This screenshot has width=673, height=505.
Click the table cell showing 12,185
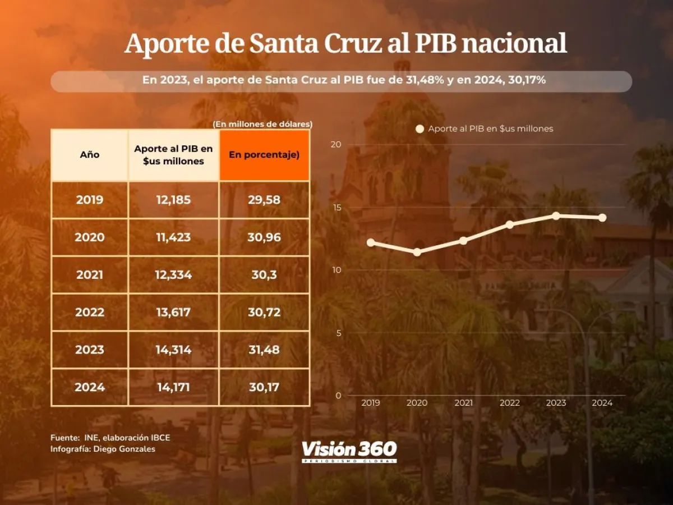pyautogui.click(x=173, y=200)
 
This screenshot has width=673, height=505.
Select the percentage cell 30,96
pyautogui.click(x=264, y=237)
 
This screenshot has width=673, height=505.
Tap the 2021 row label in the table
pyautogui.click(x=90, y=275)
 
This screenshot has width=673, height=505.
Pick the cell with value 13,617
pyautogui.click(x=173, y=313)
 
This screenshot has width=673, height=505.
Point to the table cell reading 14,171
pyautogui.click(x=173, y=387)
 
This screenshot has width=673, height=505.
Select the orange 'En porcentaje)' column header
pyautogui.click(x=264, y=155)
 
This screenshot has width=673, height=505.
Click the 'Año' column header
pyautogui.click(x=90, y=155)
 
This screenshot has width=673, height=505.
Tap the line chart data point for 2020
pyautogui.click(x=417, y=252)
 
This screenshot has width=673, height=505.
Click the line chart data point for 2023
pyautogui.click(x=556, y=215)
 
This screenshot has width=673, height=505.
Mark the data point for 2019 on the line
pyautogui.click(x=371, y=242)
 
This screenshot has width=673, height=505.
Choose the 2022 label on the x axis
pyautogui.click(x=509, y=403)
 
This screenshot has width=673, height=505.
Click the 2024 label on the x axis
pyautogui.click(x=602, y=403)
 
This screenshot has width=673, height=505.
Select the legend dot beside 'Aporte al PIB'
pyautogui.click(x=420, y=128)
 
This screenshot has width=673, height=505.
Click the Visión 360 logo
pyautogui.click(x=349, y=451)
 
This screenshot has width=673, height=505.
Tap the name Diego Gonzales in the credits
pyautogui.click(x=125, y=449)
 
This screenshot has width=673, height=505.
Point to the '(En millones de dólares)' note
pyautogui.click(x=262, y=123)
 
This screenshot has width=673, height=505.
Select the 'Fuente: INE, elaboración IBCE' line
pyautogui.click(x=110, y=438)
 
